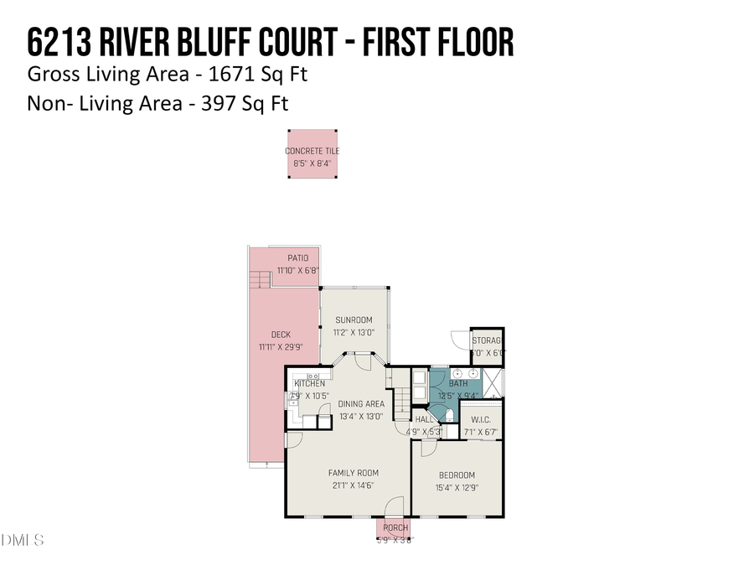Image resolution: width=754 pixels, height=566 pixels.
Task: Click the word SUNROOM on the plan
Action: (354, 319)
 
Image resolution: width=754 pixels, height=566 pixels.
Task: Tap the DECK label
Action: (281, 335)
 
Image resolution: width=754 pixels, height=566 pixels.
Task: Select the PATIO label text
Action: (298, 258)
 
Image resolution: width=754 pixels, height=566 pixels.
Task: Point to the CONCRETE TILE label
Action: (312, 151)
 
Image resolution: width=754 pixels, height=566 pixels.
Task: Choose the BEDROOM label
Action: (457, 475)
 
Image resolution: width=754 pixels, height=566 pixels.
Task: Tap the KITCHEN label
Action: (309, 383)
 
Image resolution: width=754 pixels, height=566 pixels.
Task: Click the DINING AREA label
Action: (361, 403)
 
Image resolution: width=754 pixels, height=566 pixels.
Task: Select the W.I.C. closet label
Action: (480, 420)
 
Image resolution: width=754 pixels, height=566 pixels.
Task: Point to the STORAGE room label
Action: (487, 340)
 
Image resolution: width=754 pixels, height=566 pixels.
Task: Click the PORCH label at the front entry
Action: (395, 527)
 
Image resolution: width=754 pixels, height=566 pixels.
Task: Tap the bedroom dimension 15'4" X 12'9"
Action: (457, 487)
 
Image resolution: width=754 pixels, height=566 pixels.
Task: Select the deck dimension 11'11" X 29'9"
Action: (281, 347)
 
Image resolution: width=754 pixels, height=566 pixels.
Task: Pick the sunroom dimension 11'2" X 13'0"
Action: (354, 332)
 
